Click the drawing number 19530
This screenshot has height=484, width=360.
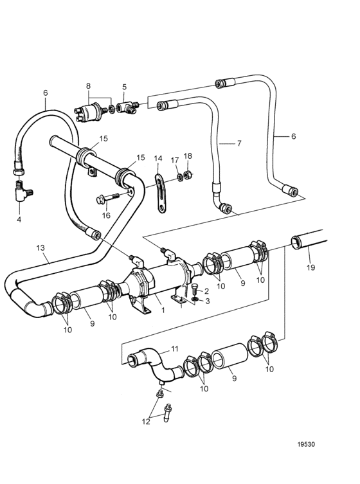tap(306, 445)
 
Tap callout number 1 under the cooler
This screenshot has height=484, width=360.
tap(163, 310)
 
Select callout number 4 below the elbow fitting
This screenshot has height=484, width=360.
tap(19, 220)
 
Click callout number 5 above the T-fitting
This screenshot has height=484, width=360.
tap(124, 87)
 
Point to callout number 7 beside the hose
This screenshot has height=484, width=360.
tap(239, 143)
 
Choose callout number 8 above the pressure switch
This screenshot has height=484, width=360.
tap(88, 86)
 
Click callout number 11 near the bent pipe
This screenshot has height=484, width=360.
tap(175, 349)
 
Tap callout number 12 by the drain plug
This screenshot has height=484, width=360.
tap(146, 422)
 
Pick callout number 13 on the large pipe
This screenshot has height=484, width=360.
tap(40, 247)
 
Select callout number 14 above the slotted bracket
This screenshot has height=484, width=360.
tap(157, 159)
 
